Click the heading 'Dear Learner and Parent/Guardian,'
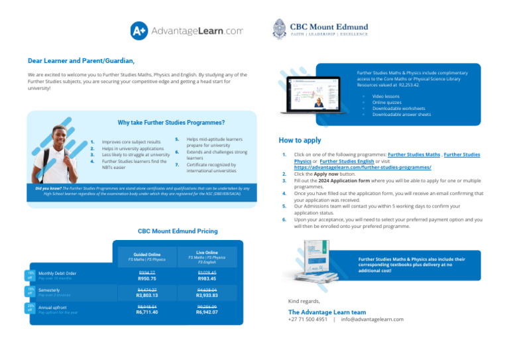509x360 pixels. point(81,60)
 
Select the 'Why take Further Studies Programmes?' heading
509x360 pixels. point(152,123)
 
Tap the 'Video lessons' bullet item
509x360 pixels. point(387,96)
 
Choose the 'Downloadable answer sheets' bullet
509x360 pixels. point(401,114)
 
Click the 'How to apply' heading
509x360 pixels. point(300,141)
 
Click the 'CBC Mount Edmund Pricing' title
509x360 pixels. point(177,231)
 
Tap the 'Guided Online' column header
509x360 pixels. point(147,254)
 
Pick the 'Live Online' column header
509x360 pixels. point(207,253)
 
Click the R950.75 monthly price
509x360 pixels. point(147,278)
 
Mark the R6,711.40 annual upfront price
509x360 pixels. point(147,312)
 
